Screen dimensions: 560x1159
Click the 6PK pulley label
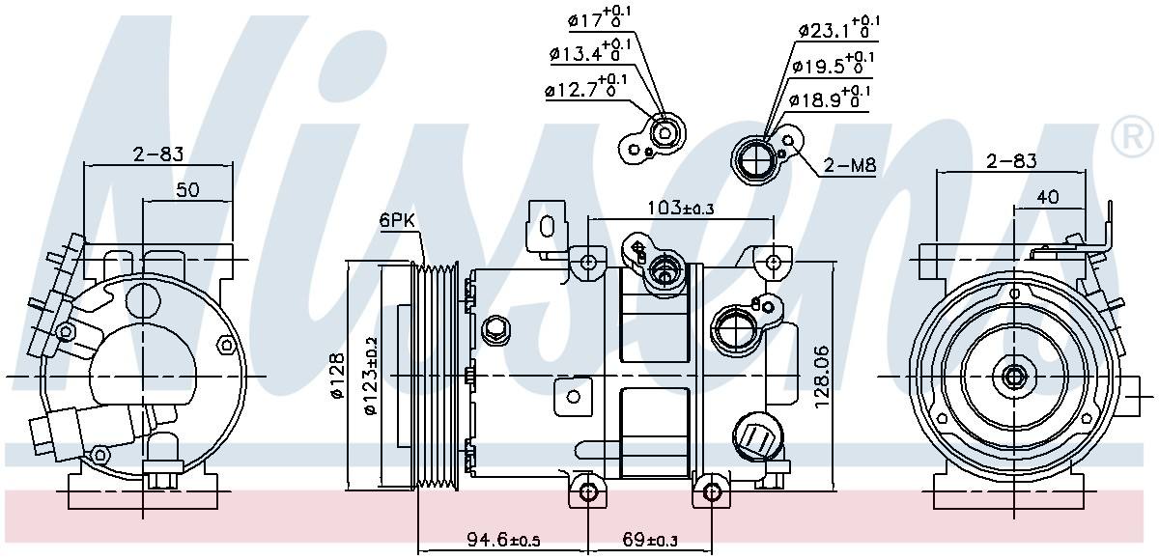[x=396, y=221]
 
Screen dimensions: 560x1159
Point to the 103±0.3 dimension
[x=682, y=207]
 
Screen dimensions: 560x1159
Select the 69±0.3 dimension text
[x=651, y=538]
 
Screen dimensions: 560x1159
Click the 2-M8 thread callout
[x=850, y=166]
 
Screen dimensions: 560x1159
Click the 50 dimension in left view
[x=187, y=190]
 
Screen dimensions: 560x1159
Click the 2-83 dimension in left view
[x=158, y=154]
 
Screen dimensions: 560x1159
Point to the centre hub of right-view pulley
[x=1014, y=377]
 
